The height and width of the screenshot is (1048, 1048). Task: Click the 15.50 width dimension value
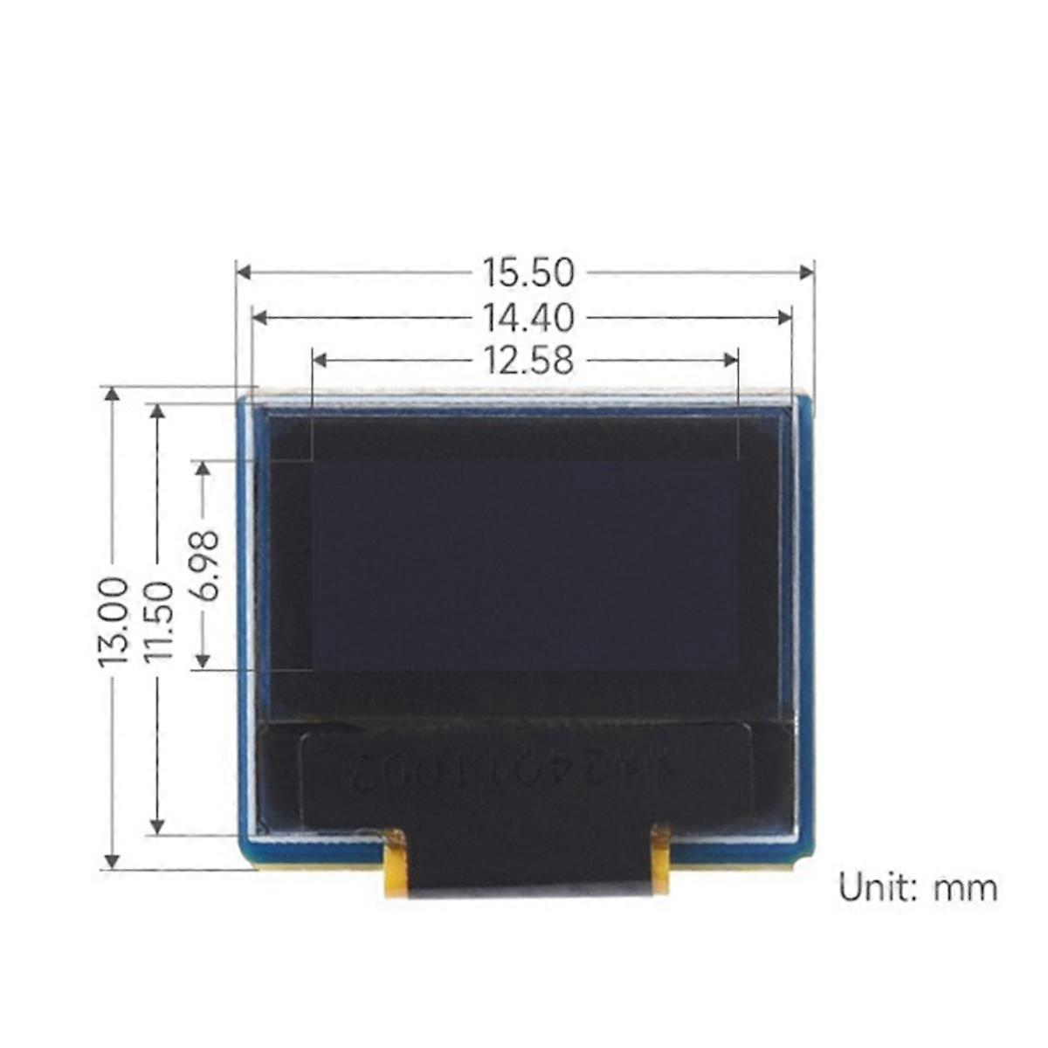[x=528, y=272]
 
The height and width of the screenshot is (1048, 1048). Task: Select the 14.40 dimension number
[x=528, y=317]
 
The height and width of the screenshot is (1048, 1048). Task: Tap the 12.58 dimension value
[x=528, y=359]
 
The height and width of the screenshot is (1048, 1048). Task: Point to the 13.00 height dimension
[x=114, y=622]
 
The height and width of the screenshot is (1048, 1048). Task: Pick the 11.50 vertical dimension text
[x=158, y=622]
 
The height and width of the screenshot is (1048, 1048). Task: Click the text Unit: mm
[x=917, y=888]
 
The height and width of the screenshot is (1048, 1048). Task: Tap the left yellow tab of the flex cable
[x=395, y=864]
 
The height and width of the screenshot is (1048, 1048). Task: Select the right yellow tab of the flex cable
[x=660, y=859]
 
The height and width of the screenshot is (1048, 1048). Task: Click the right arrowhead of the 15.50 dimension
[x=807, y=272]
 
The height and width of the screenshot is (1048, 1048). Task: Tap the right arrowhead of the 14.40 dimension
[x=785, y=317]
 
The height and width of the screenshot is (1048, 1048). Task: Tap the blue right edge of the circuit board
[x=804, y=611]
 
